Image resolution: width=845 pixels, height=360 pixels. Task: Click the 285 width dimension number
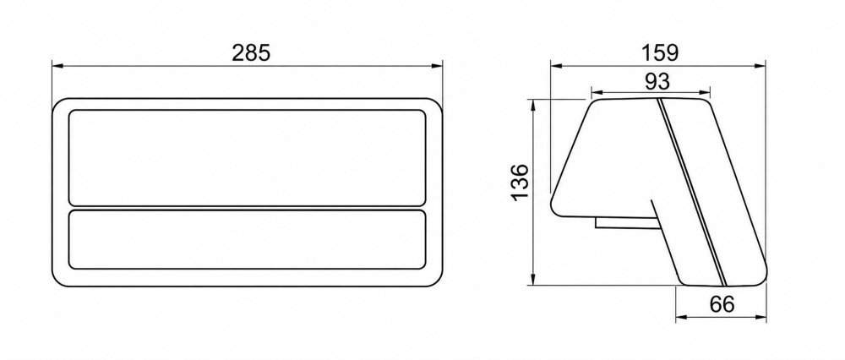point(250,52)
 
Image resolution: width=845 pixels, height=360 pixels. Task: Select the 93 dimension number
point(657,81)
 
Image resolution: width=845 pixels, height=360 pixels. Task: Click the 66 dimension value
point(722,304)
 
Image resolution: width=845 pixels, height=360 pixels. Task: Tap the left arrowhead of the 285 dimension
point(57,66)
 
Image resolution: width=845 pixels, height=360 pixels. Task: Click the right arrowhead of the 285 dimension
point(437,66)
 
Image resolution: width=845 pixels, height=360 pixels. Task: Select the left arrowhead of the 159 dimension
point(556,66)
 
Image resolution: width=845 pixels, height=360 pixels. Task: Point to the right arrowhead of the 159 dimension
point(760,66)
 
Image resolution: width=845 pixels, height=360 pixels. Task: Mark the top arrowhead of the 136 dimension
point(532,105)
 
